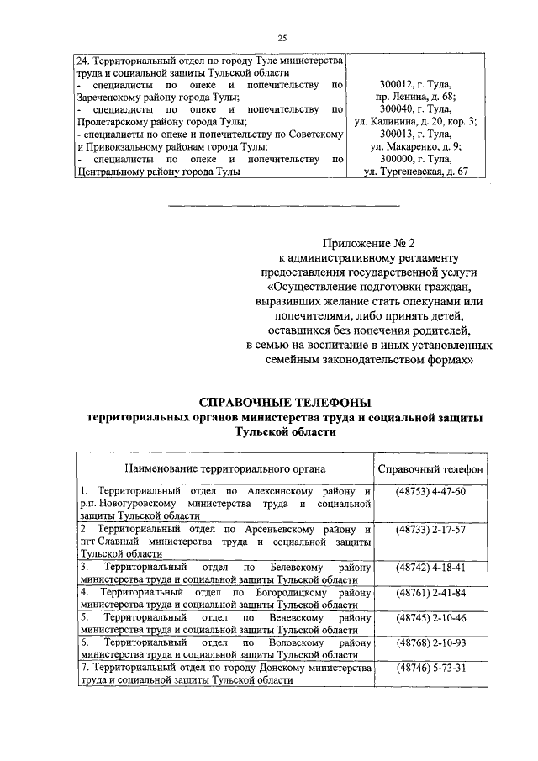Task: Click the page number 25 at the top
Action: tap(282, 37)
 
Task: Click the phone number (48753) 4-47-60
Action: tap(430, 490)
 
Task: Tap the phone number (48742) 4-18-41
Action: tap(430, 568)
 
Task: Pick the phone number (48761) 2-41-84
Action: tap(430, 593)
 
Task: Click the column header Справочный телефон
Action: tap(430, 468)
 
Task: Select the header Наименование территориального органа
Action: tap(225, 468)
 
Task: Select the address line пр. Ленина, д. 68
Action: tap(415, 98)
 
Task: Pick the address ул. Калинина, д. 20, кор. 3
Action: tap(415, 122)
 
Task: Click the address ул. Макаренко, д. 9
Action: tap(415, 146)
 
